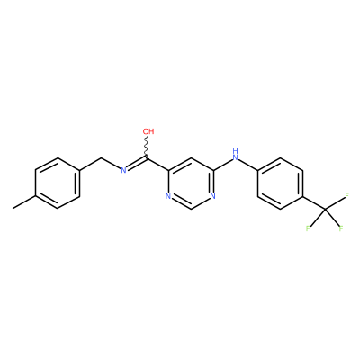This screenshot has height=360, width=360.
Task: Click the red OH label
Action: click(x=148, y=131)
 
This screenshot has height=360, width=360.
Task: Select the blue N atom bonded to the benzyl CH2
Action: click(x=123, y=171)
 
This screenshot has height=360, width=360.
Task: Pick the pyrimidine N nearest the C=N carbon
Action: click(x=168, y=196)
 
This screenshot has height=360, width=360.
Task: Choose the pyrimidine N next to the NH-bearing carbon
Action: click(x=212, y=196)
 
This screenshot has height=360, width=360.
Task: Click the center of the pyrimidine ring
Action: click(x=191, y=184)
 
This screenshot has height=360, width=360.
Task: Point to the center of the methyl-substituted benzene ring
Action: click(x=58, y=184)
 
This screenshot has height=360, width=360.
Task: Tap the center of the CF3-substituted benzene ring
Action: click(x=280, y=184)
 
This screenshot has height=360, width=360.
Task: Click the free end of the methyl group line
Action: click(x=13, y=209)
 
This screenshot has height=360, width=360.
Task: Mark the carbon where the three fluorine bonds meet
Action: click(x=325, y=209)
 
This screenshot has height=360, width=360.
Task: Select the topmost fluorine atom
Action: click(x=347, y=196)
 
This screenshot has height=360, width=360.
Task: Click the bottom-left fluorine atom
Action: click(x=308, y=229)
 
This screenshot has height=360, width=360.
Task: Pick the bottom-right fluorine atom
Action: click(x=341, y=229)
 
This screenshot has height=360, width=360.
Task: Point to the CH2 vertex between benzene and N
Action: click(x=103, y=157)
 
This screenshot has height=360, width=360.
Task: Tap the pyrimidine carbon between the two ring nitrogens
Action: click(x=191, y=209)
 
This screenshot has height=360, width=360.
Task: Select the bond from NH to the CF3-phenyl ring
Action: click(x=249, y=165)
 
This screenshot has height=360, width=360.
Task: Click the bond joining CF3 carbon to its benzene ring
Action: click(x=314, y=202)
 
